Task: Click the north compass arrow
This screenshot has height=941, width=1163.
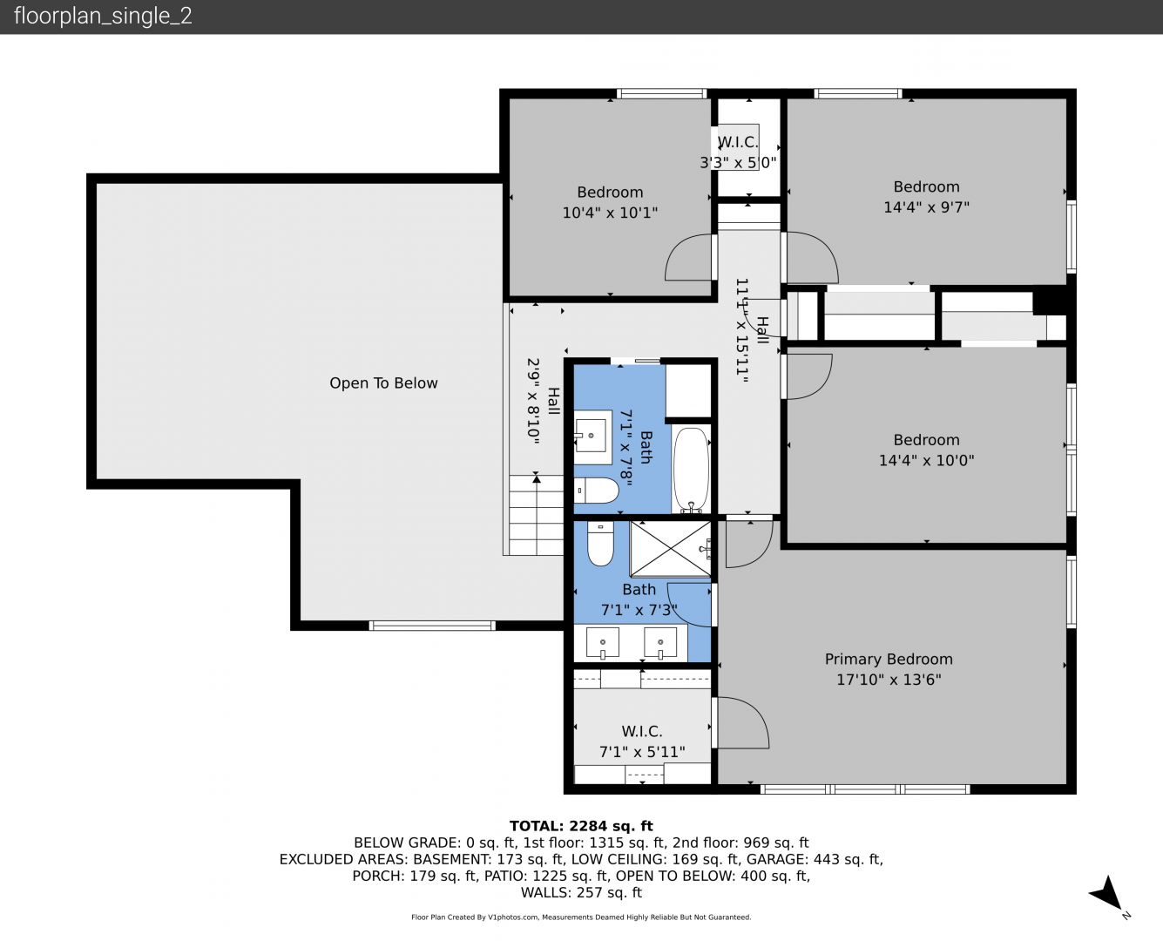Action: (x=1106, y=893)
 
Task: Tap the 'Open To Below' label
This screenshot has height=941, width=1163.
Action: (x=383, y=382)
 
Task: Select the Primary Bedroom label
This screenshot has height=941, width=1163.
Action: (x=889, y=659)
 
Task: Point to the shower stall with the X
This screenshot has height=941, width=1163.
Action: (x=670, y=548)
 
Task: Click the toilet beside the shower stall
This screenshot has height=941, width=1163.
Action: (x=600, y=543)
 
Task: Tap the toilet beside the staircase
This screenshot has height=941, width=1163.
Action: (x=596, y=491)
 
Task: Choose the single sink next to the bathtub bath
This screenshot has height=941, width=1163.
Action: (x=592, y=436)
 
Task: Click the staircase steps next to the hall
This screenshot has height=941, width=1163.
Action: (x=536, y=515)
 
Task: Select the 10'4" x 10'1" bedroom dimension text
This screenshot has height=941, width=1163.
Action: (x=610, y=213)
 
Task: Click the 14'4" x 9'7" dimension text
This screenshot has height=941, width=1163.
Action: (x=926, y=207)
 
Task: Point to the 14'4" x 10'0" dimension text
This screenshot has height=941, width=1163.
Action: (x=926, y=460)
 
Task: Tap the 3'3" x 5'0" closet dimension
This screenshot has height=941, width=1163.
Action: (x=738, y=162)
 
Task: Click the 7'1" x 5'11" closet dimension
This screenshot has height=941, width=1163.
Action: (x=642, y=752)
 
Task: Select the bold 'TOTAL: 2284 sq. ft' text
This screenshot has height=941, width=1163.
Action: (x=581, y=826)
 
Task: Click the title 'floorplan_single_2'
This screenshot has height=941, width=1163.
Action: (x=103, y=16)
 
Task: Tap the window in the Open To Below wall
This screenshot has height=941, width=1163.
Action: (x=432, y=626)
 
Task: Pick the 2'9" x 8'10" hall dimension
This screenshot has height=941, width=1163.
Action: (x=533, y=400)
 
